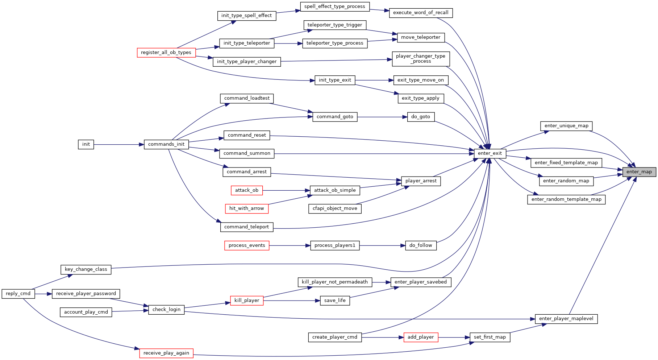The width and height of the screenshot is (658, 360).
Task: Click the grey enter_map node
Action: (639, 172)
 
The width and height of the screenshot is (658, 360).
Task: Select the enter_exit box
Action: (490, 153)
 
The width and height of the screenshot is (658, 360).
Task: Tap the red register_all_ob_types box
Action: (166, 53)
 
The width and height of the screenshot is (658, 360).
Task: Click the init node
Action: (86, 144)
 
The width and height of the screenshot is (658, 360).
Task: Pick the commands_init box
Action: (166, 144)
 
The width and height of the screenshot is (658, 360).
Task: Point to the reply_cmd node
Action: (18, 294)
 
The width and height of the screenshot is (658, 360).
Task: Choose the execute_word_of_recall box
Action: (421, 13)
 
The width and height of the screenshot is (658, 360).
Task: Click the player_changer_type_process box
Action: (421, 59)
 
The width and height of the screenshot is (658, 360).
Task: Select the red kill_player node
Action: (247, 301)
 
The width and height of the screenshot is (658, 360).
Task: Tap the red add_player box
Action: (421, 337)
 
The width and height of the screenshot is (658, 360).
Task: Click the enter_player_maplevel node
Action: (566, 319)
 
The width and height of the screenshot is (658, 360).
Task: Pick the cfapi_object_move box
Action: (335, 208)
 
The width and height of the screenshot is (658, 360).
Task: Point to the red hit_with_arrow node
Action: (247, 208)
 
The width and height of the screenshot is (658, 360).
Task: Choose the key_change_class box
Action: (86, 269)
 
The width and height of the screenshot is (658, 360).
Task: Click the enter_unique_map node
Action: (566, 126)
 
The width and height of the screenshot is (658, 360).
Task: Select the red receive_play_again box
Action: (166, 353)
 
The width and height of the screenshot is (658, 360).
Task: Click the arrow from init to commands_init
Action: (119, 144)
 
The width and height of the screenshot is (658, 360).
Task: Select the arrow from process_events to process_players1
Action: (290, 245)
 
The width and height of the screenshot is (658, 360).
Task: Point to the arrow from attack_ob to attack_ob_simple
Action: (286, 190)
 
